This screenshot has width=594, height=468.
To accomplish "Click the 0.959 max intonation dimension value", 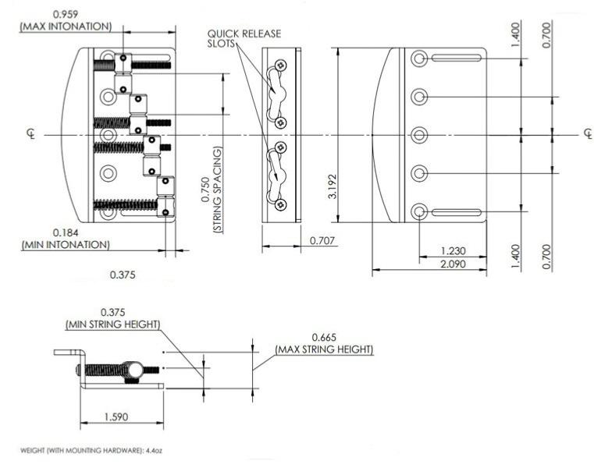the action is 65,14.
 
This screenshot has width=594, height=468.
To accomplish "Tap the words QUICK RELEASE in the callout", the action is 244,34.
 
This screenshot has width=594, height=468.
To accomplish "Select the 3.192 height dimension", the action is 333,186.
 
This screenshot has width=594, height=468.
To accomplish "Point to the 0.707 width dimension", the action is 322,240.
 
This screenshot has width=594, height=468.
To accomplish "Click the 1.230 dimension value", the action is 453,251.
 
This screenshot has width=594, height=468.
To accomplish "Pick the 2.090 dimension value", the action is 453,264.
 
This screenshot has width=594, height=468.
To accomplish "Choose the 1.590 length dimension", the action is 116,417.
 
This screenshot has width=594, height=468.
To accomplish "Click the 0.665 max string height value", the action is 324,338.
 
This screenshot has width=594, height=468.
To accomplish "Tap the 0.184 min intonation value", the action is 66,232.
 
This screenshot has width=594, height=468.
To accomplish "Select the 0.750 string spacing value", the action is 206,190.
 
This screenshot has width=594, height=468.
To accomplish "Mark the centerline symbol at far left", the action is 31,133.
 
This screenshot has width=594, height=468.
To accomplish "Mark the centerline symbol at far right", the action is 588,133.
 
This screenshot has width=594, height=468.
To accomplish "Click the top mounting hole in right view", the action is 419,58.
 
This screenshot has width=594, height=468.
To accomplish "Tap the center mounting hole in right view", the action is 419,135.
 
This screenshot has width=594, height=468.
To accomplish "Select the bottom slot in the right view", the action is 457,212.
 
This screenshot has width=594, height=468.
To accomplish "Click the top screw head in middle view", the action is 281,65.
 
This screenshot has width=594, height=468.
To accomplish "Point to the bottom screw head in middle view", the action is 281,205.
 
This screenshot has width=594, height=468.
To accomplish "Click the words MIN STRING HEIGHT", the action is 113,324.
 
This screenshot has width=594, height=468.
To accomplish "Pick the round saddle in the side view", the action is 133,369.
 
